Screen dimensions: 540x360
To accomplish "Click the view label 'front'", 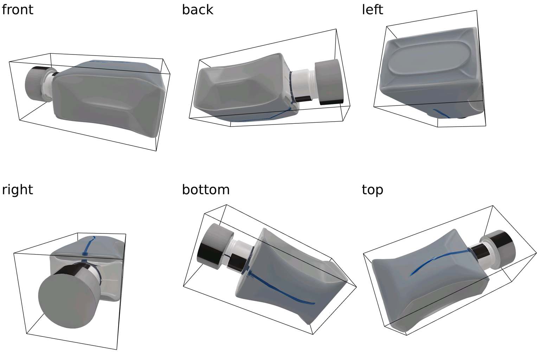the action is pos(17,10).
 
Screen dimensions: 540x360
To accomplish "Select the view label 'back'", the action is pos(198,10).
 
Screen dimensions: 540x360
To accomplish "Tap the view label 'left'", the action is pos(372,10).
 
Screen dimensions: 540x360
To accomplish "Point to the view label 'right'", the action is pos(17,190).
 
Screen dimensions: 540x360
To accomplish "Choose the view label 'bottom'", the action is pos(206,190).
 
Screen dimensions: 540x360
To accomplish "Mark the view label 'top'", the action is pos(372,190).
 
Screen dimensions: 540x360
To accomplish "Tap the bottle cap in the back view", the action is pos(329,82).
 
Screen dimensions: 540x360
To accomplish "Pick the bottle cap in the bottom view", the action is pos(215,246).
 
